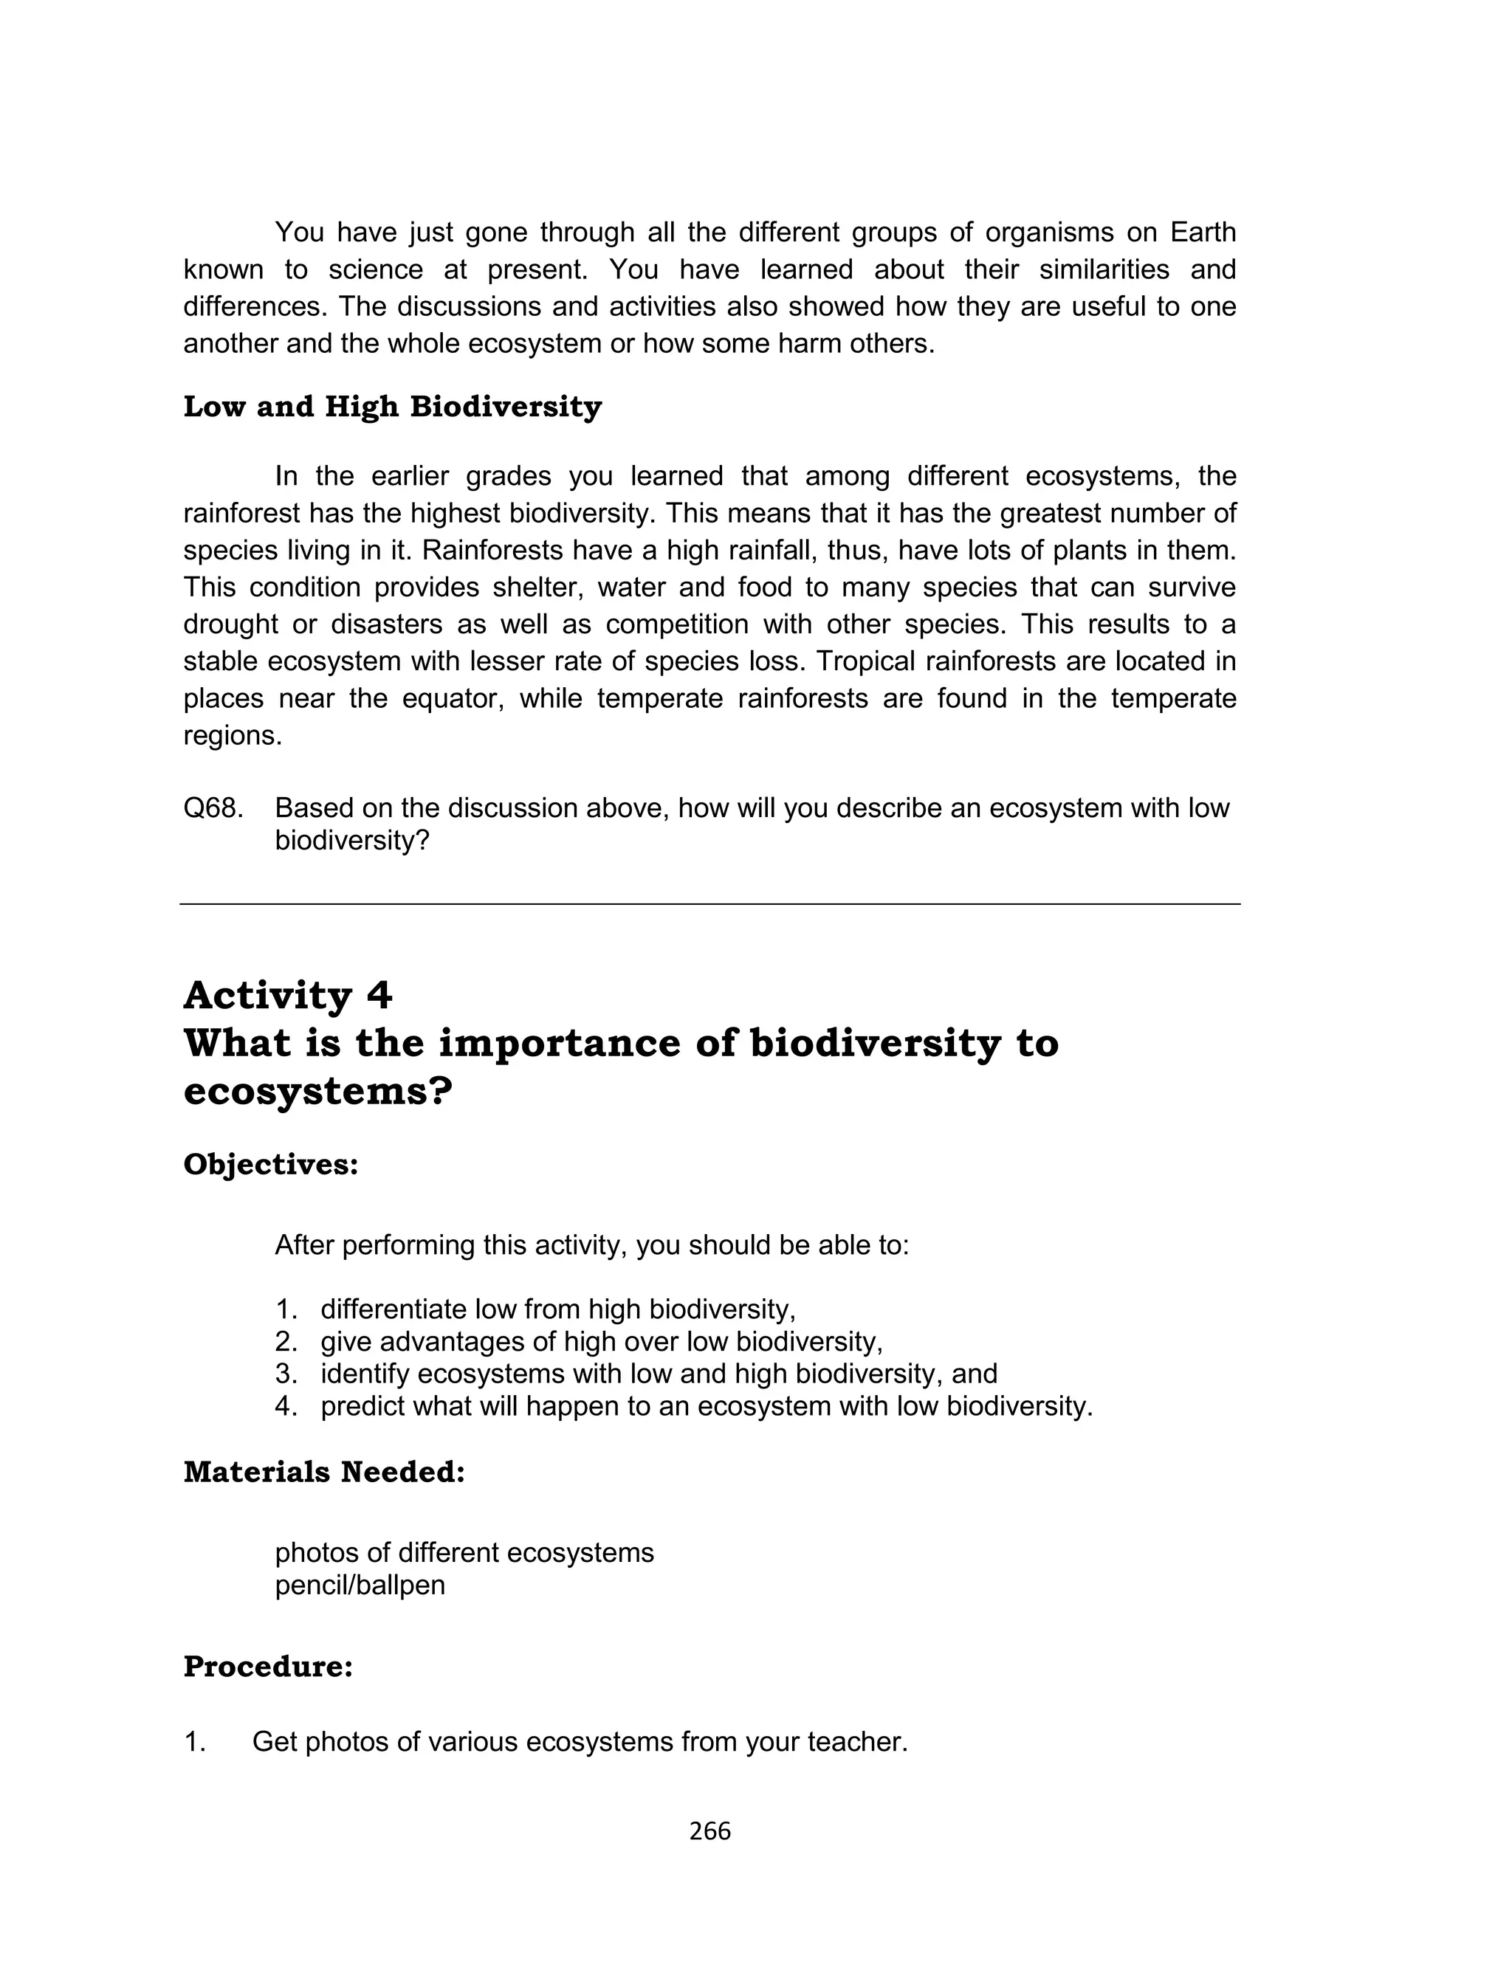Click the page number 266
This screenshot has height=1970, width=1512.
[709, 1830]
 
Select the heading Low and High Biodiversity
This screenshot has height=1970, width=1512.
[393, 407]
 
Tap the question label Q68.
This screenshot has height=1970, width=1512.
[213, 807]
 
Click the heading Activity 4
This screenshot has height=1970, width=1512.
[288, 996]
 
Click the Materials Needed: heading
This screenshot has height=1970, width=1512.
[324, 1472]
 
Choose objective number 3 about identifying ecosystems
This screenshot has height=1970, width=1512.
[659, 1374]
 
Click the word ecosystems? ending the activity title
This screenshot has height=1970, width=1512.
[317, 1092]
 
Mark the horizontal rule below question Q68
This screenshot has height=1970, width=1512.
[709, 904]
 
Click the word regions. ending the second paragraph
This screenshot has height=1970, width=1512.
[233, 736]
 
